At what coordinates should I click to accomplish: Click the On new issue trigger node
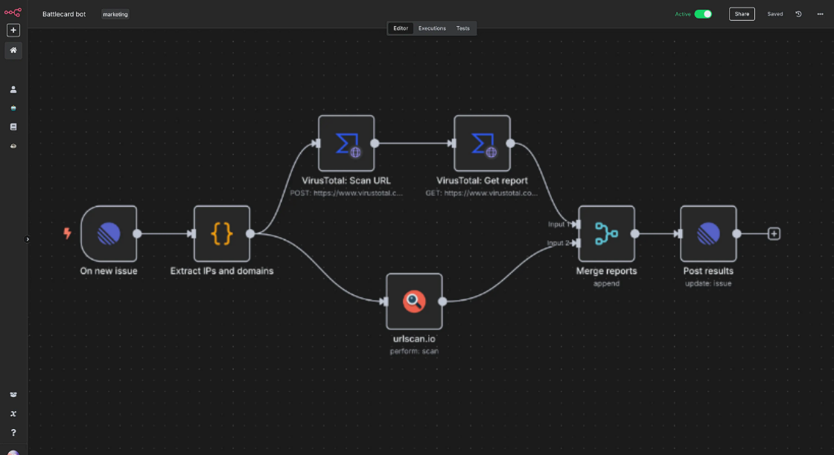click(109, 233)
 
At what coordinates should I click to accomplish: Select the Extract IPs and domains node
click(222, 233)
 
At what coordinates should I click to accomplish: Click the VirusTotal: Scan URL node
click(346, 143)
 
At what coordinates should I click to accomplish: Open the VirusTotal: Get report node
click(482, 143)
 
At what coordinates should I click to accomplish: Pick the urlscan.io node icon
click(414, 301)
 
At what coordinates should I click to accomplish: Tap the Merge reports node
click(606, 233)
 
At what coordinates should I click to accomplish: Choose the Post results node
click(708, 233)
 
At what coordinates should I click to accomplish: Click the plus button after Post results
click(774, 233)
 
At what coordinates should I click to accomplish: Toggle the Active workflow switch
click(703, 14)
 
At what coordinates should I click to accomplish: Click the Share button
click(742, 14)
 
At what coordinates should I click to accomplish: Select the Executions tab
click(432, 28)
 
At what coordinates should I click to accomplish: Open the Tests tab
click(463, 28)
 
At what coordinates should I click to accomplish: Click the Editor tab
click(401, 28)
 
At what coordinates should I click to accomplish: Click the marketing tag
click(115, 14)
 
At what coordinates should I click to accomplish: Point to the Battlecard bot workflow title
click(64, 14)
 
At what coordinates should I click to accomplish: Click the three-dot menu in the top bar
click(819, 14)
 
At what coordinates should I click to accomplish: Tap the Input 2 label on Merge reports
click(558, 243)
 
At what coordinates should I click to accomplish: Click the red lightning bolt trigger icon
click(68, 233)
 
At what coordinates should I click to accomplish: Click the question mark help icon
click(13, 432)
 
